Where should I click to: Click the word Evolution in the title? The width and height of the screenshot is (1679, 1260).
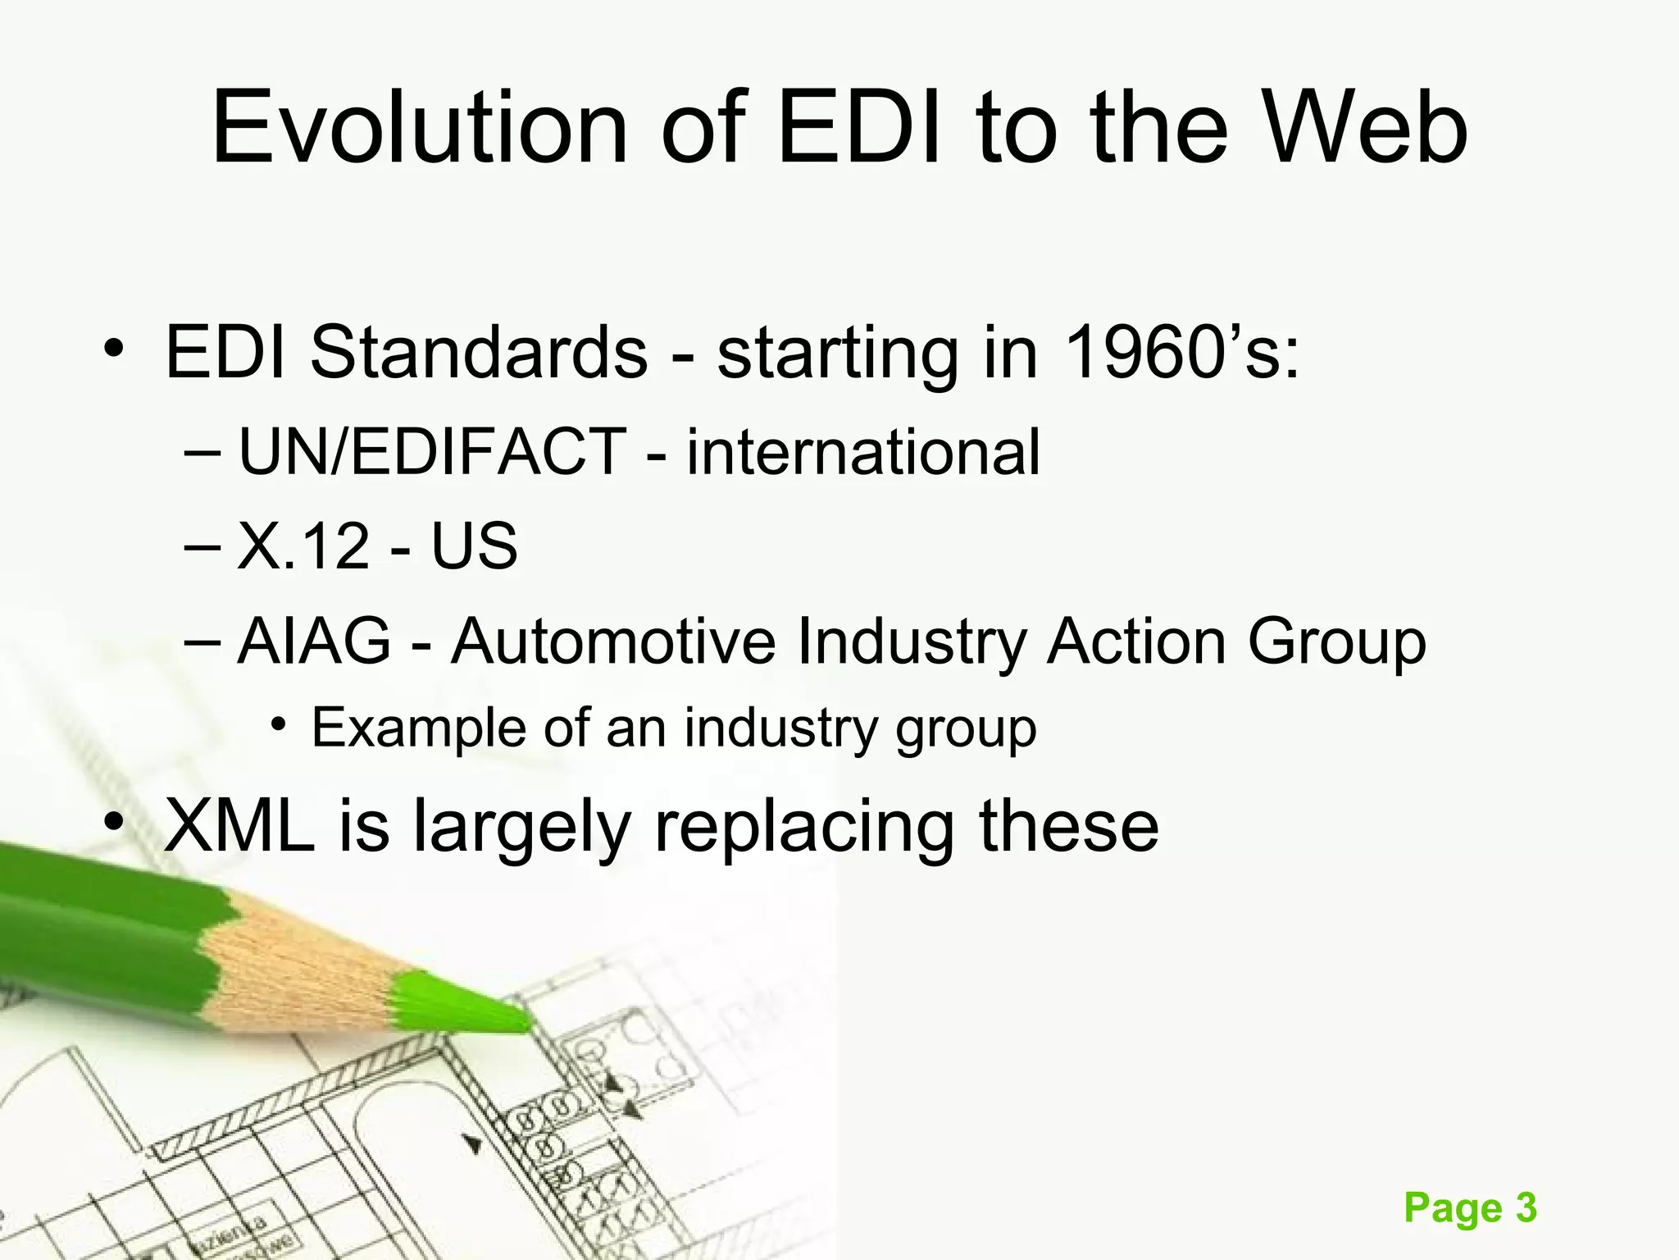coord(419,129)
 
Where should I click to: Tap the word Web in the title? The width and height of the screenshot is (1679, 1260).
coord(1363,129)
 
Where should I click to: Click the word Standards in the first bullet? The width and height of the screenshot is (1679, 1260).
coord(479,353)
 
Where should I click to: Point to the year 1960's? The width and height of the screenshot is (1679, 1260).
coord(1181,353)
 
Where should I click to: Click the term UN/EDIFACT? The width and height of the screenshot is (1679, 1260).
coord(432,452)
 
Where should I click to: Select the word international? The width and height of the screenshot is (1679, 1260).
coord(863,452)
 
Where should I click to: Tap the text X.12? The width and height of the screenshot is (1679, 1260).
coord(303,546)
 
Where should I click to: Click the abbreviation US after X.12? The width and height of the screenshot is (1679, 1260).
coord(475,546)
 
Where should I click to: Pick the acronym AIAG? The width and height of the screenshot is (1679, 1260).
coord(315,641)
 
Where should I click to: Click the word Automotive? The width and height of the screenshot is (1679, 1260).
coord(613,641)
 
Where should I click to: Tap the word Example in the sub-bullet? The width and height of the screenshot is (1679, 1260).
coord(418,728)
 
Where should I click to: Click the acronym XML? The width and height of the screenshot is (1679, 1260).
coord(239,826)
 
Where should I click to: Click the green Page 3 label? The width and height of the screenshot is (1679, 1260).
coord(1470,1208)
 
